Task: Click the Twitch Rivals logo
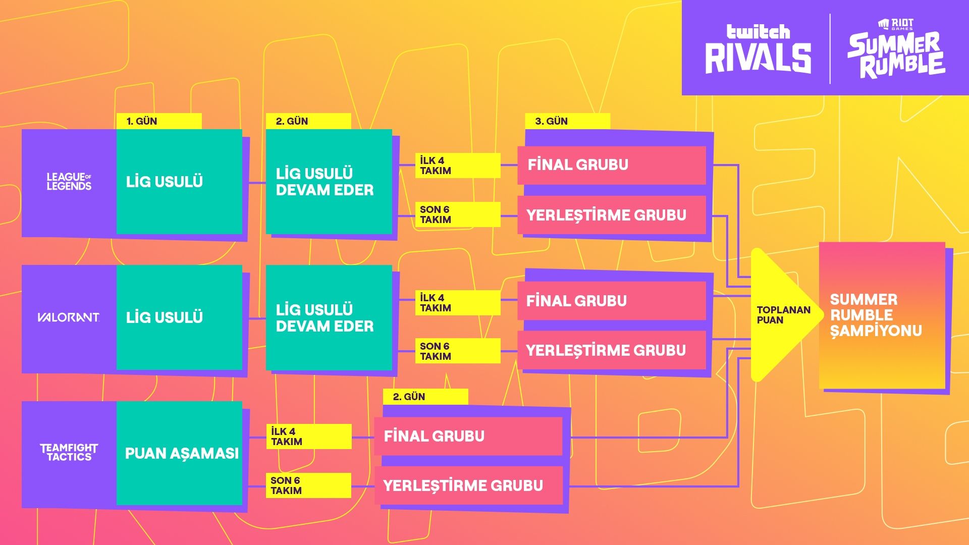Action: pos(758,49)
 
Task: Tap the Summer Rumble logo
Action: pos(896,49)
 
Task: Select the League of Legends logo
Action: pos(69,182)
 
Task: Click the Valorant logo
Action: pos(69,317)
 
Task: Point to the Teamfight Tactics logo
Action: pos(69,453)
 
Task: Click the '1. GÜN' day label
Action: pos(158,121)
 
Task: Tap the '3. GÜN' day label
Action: pos(567,121)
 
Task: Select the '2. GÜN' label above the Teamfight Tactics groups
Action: pos(425,397)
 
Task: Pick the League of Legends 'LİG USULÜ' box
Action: pos(180,182)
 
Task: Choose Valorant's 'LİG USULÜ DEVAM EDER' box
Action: pos(329,318)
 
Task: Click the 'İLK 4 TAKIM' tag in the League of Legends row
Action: pos(457,166)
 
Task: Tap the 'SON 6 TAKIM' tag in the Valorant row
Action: pos(457,351)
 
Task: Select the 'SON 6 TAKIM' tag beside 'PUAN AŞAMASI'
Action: pos(308,485)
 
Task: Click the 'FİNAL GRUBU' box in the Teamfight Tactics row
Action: pos(468,436)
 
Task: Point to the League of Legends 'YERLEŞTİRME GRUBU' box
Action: pos(612,215)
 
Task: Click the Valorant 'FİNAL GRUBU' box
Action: pos(612,301)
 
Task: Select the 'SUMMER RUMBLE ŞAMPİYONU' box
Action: pos(882,315)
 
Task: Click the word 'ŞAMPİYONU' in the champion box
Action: pos(876,331)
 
